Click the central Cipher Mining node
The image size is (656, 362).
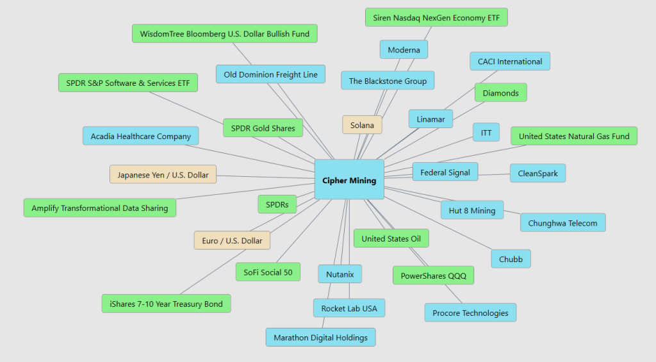pyautogui.click(x=349, y=180)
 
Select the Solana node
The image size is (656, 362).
pyautogui.click(x=362, y=125)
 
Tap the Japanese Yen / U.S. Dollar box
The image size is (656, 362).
pyautogui.click(x=163, y=174)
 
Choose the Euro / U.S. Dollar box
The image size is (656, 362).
pyautogui.click(x=232, y=240)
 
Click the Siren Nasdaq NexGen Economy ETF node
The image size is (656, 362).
pyautogui.click(x=436, y=18)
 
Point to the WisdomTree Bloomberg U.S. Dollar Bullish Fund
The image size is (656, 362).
pyautogui.click(x=225, y=33)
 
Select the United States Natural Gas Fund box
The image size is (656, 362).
pyautogui.click(x=574, y=136)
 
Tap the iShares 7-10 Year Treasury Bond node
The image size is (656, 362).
pyautogui.click(x=166, y=304)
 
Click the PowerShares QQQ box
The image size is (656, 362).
pyautogui.click(x=433, y=276)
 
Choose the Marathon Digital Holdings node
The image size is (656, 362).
pyautogui.click(x=320, y=337)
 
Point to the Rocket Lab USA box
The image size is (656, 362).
pyautogui.click(x=349, y=308)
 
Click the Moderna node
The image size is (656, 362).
pyautogui.click(x=404, y=49)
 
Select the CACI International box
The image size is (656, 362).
pyautogui.click(x=510, y=62)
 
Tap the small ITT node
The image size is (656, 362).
pyautogui.click(x=486, y=133)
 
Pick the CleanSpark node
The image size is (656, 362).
pyautogui.click(x=537, y=173)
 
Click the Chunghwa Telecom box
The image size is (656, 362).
pyautogui.click(x=562, y=223)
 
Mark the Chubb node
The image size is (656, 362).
pyautogui.click(x=511, y=259)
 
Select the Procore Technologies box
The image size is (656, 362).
pyautogui.click(x=470, y=313)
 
